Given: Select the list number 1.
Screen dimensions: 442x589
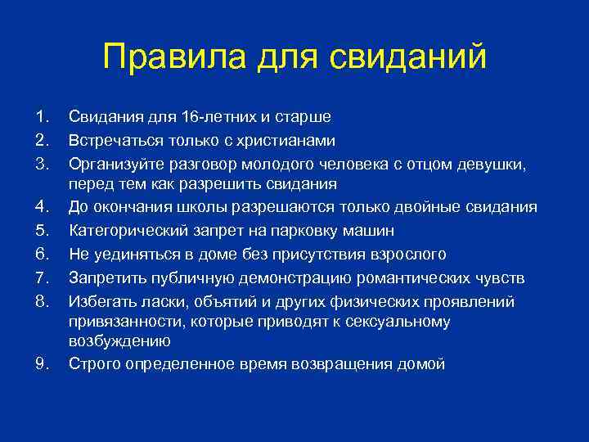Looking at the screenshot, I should (x=43, y=118).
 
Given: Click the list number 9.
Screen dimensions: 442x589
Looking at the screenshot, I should (x=43, y=363).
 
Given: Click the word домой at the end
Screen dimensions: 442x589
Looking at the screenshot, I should (x=419, y=363).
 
